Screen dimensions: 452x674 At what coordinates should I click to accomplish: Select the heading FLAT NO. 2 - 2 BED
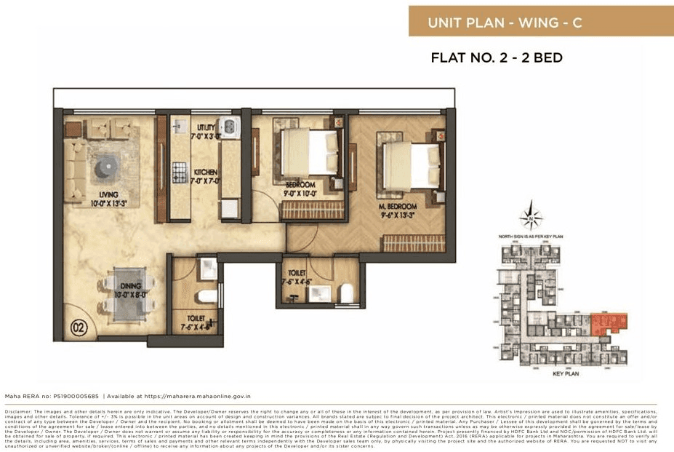pos(497,58)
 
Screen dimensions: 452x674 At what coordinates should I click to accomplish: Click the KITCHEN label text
pos(206,172)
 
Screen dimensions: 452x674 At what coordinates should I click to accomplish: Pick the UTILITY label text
pos(204,127)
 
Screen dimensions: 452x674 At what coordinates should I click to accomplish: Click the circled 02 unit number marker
pos(79,328)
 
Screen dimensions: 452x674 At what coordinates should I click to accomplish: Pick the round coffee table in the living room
pos(103,167)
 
